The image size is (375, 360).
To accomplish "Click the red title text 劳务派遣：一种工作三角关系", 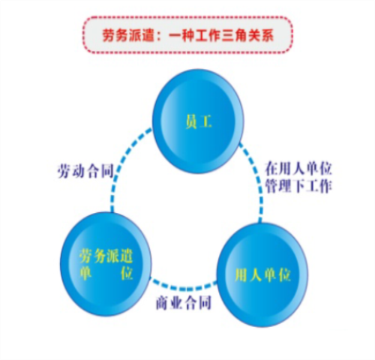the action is pyautogui.click(x=188, y=35).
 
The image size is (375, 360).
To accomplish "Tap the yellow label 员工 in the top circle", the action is pyautogui.click(x=199, y=121).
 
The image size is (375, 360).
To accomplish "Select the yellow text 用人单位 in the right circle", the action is pyautogui.click(x=262, y=275).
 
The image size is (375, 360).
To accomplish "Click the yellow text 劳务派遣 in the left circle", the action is pyautogui.click(x=106, y=256).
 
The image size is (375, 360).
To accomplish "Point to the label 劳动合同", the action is pyautogui.click(x=85, y=171).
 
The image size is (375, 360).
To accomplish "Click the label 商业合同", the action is pyautogui.click(x=184, y=303).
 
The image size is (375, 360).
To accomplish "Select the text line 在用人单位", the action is pyautogui.click(x=298, y=168).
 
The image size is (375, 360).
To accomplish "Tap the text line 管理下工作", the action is pyautogui.click(x=298, y=186).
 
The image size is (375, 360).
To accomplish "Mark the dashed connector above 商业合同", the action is pyautogui.click(x=183, y=287).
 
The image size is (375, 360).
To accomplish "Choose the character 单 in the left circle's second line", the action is pyautogui.click(x=85, y=273).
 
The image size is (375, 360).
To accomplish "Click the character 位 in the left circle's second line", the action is pyautogui.click(x=127, y=273).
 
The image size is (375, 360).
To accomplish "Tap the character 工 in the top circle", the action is pyautogui.click(x=205, y=121).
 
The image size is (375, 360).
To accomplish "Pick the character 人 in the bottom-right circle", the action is pyautogui.click(x=255, y=275).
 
